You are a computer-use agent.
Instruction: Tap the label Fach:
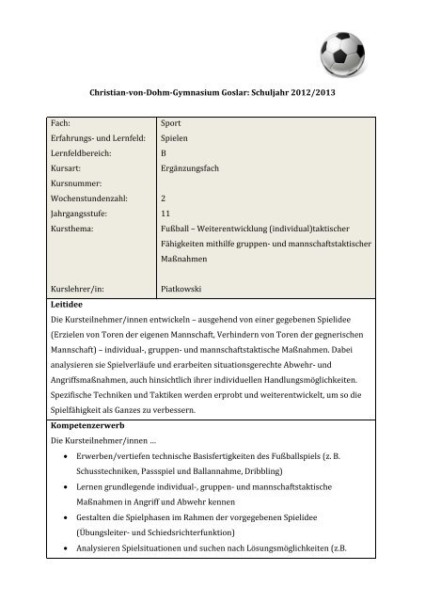click(66, 122)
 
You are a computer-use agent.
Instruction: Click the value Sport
click(172, 122)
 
